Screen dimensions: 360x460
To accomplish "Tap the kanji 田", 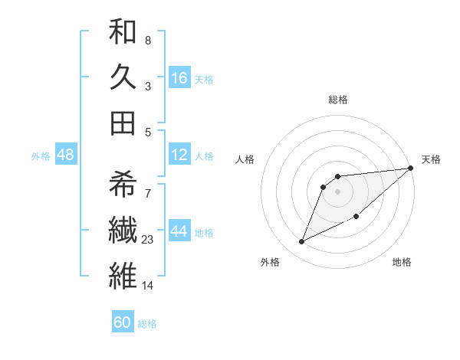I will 123,123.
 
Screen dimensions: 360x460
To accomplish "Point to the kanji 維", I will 123,274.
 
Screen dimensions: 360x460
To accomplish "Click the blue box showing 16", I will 179,77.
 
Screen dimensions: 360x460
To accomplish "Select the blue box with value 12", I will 179,155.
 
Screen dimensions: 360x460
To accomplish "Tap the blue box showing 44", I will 179,232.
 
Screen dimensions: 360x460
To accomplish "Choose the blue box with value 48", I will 66,155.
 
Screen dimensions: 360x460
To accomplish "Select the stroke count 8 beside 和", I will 148,40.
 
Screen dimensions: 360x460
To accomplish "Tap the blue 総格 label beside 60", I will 147,324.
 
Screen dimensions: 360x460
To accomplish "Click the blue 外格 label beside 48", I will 41,156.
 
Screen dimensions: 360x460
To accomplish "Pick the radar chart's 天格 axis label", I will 431,159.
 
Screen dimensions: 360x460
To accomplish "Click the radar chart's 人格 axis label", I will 245,159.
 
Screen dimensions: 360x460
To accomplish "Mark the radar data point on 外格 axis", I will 302,242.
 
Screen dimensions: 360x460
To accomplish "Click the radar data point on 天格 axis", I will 410,169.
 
